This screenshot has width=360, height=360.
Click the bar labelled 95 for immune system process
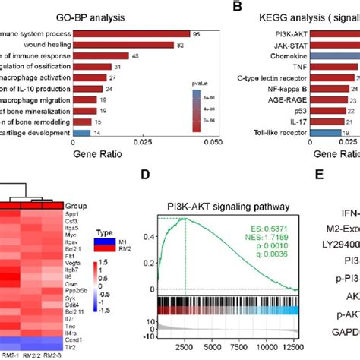pos(129,34)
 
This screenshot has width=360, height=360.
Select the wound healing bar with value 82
pos(122,45)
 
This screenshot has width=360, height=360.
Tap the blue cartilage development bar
pos(81,132)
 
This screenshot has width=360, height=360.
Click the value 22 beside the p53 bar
pos(350,110)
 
